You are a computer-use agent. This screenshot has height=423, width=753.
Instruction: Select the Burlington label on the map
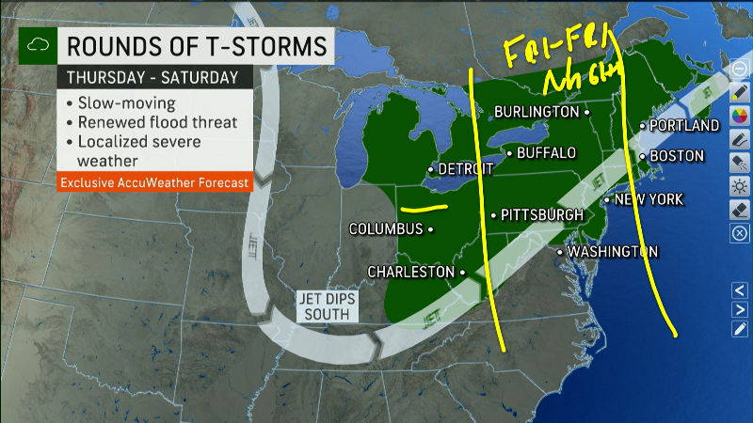pos(537,112)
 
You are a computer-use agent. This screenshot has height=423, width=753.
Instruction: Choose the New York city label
pos(649,199)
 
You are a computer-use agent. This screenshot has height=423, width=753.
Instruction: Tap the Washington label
pos(612,252)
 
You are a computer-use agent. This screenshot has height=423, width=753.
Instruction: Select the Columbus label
pos(386,228)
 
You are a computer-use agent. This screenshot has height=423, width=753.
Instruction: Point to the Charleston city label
pos(410,272)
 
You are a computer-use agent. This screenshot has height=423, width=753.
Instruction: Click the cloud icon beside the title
pos(37,45)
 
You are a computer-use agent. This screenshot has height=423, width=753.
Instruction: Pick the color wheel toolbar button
pos(740,116)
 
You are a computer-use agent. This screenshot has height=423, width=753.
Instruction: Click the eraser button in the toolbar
pos(740,209)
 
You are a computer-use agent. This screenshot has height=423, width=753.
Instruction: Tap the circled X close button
pos(740,232)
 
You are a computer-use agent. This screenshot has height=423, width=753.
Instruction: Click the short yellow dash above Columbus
pos(421,208)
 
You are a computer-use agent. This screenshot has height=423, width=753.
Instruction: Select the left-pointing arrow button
pos(740,289)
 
